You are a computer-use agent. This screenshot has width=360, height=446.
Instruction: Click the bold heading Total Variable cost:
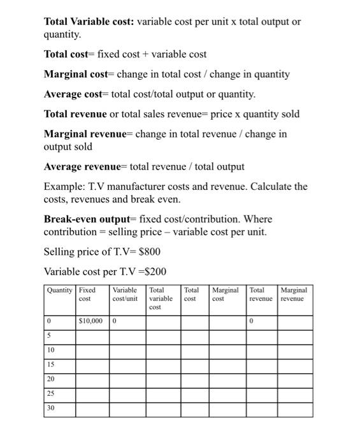[x=88, y=22]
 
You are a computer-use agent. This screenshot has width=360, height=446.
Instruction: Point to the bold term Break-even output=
[x=90, y=219]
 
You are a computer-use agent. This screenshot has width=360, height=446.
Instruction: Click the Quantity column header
[x=60, y=291]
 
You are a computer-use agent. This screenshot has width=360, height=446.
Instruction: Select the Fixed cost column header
[x=87, y=294]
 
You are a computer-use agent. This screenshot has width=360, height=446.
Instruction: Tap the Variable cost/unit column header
[x=125, y=294]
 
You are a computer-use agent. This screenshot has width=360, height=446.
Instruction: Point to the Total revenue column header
[x=260, y=294]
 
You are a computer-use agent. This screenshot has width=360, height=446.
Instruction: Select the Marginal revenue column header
[x=294, y=294]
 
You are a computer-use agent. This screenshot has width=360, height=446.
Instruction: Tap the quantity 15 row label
[x=51, y=365]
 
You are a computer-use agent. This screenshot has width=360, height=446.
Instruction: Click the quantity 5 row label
[x=49, y=336]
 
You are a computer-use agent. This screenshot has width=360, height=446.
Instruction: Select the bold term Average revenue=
[x=86, y=167]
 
